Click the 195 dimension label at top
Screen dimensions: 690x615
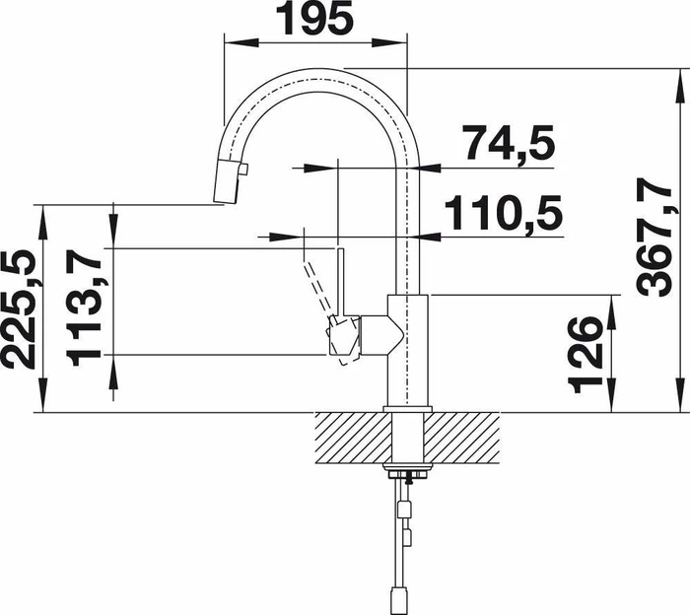(314, 18)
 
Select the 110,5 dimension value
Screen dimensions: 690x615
(504, 213)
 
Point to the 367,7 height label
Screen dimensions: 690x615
(655, 238)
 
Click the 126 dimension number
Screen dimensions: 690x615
(586, 355)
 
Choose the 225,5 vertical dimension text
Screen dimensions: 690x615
(19, 309)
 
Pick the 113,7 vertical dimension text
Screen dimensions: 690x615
(84, 307)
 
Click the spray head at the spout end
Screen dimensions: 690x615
(227, 180)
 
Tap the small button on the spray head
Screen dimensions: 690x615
(243, 169)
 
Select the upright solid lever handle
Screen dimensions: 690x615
(340, 282)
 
